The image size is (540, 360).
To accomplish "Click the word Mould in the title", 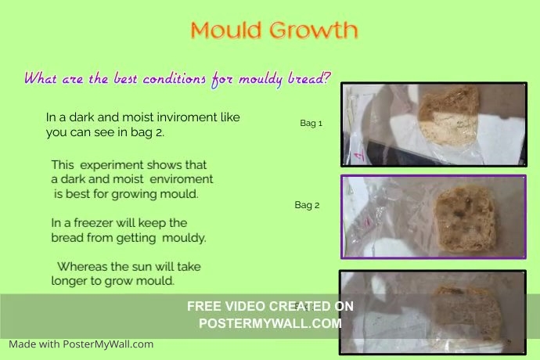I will (227, 31).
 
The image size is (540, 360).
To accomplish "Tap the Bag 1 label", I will (311, 124).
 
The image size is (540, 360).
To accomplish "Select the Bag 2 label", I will (307, 206).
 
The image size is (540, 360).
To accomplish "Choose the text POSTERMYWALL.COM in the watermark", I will (270, 322).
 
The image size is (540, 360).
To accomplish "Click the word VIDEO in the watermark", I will (241, 306).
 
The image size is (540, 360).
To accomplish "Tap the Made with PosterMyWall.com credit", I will (81, 344).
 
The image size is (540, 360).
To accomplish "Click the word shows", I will (171, 165).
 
